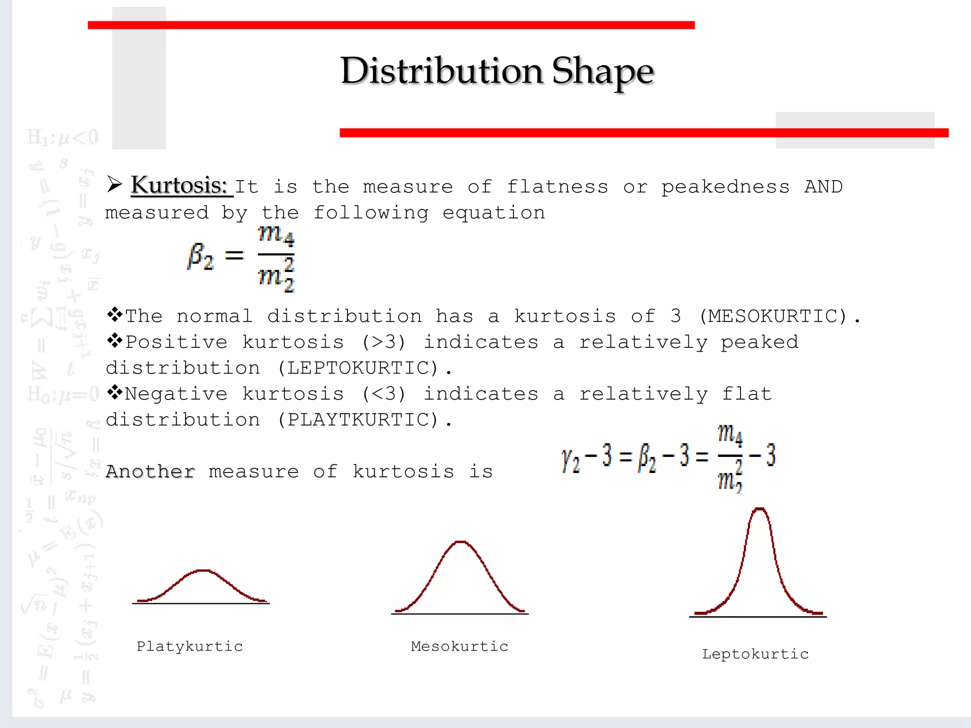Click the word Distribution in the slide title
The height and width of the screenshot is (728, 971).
coord(441,71)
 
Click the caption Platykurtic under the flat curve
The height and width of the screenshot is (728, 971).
coord(190,646)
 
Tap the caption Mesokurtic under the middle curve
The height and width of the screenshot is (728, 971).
coord(459,646)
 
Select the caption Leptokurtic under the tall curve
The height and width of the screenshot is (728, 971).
coord(755,654)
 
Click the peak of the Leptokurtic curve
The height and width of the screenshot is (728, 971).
coord(760,509)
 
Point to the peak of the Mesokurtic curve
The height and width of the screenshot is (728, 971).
coord(460,542)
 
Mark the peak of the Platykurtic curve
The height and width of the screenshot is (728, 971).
coord(203,571)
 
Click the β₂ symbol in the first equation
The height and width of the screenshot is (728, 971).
coord(201,256)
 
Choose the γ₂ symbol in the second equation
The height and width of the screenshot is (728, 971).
coord(570,459)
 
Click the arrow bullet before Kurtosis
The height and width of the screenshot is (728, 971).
coord(114,184)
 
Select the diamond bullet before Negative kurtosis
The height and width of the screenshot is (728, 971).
coord(114,392)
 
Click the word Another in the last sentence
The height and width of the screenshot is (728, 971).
coord(150,472)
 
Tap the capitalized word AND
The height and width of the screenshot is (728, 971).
coord(824,187)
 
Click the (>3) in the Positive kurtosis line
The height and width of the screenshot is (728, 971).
coord(384,342)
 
